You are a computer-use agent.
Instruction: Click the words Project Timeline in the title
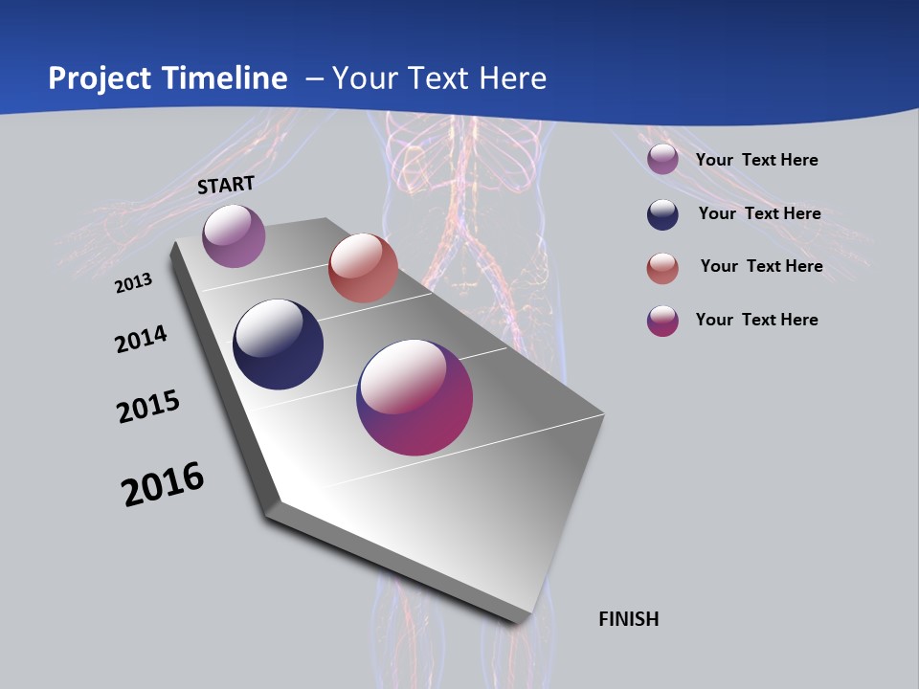pyautogui.click(x=168, y=78)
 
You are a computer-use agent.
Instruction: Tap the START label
pyautogui.click(x=226, y=186)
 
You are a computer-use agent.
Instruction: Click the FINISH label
pyautogui.click(x=629, y=619)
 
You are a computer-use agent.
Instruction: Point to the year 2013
pyautogui.click(x=133, y=283)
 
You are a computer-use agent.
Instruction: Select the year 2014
pyautogui.click(x=141, y=340)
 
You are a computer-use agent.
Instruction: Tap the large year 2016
pyautogui.click(x=163, y=484)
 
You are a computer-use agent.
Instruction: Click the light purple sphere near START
pyautogui.click(x=234, y=235)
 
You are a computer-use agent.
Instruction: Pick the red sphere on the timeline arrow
pyautogui.click(x=363, y=268)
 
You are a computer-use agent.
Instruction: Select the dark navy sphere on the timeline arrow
pyautogui.click(x=279, y=344)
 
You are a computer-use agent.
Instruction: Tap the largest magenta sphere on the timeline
pyautogui.click(x=415, y=397)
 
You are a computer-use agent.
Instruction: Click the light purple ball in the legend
pyautogui.click(x=662, y=159)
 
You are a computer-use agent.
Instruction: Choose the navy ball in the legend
pyautogui.click(x=662, y=214)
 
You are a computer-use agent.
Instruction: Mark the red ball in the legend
pyautogui.click(x=662, y=268)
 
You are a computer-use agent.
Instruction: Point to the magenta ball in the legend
pyautogui.click(x=662, y=321)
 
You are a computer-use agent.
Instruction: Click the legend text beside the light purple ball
pyautogui.click(x=756, y=160)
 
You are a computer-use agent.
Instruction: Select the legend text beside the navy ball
pyautogui.click(x=759, y=213)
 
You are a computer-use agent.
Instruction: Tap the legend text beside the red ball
pyautogui.click(x=761, y=266)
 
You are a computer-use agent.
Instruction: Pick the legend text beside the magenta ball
pyautogui.click(x=756, y=320)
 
